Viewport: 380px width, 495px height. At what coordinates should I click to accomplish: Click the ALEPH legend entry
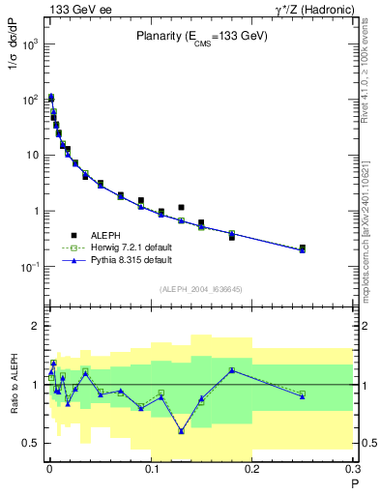pyautogui.click(x=107, y=234)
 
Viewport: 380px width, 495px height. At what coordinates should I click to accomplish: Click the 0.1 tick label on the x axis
pyautogui.click(x=149, y=468)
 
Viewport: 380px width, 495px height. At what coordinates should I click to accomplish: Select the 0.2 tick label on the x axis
pyautogui.click(x=251, y=468)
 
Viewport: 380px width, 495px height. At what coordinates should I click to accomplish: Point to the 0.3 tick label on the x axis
pyautogui.click(x=352, y=468)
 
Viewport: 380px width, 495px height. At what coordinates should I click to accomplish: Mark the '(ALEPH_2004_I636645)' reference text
pyautogui.click(x=200, y=289)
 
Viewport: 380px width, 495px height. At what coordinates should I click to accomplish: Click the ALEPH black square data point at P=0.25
pyautogui.click(x=303, y=247)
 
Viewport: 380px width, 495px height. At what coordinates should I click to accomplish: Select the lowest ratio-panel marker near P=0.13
pyautogui.click(x=181, y=430)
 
